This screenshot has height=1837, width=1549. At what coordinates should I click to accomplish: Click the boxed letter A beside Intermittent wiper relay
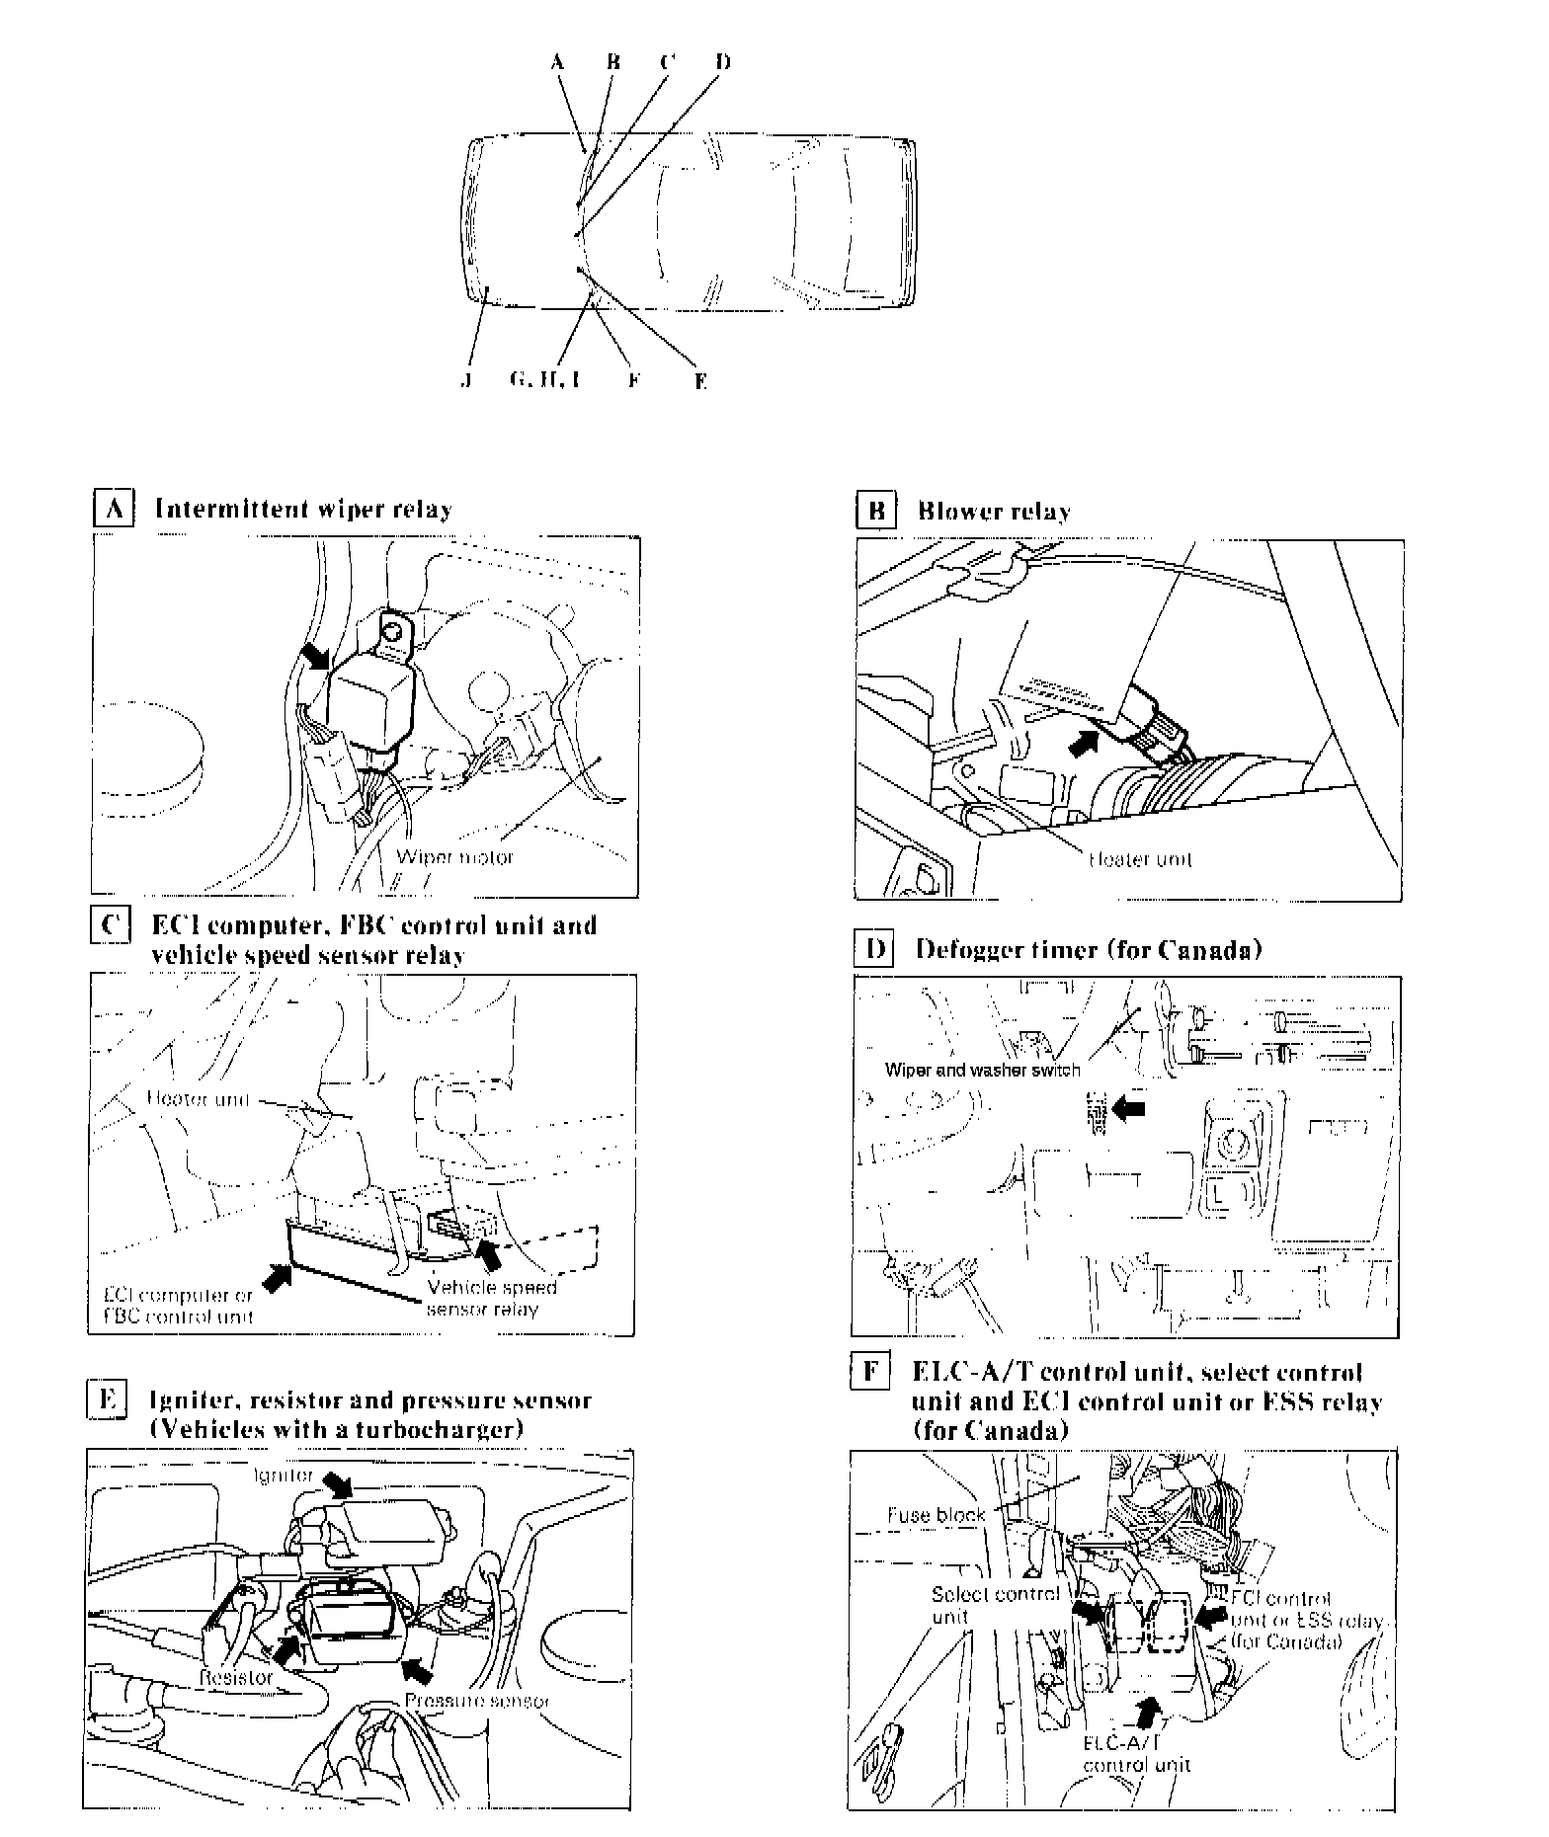pyautogui.click(x=112, y=510)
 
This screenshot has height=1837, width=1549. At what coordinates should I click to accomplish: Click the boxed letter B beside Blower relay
pyautogui.click(x=875, y=511)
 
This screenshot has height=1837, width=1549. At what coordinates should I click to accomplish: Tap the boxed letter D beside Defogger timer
pyautogui.click(x=873, y=950)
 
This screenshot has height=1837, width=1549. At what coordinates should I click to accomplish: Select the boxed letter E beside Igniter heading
pyautogui.click(x=107, y=1400)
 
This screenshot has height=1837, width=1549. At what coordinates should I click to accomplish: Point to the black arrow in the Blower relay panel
pyautogui.click(x=1084, y=741)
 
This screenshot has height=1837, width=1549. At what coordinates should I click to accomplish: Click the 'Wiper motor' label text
pyautogui.click(x=455, y=856)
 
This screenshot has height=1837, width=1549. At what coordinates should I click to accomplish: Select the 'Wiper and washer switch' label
pyautogui.click(x=983, y=1069)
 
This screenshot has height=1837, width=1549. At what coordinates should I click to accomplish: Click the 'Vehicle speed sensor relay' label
pyautogui.click(x=491, y=1299)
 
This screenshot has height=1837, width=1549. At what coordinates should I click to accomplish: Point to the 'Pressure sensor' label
pyautogui.click(x=477, y=1701)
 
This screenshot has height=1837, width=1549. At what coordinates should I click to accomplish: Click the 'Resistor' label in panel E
pyautogui.click(x=235, y=1678)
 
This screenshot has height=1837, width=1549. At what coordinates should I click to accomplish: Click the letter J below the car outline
pyautogui.click(x=464, y=380)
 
